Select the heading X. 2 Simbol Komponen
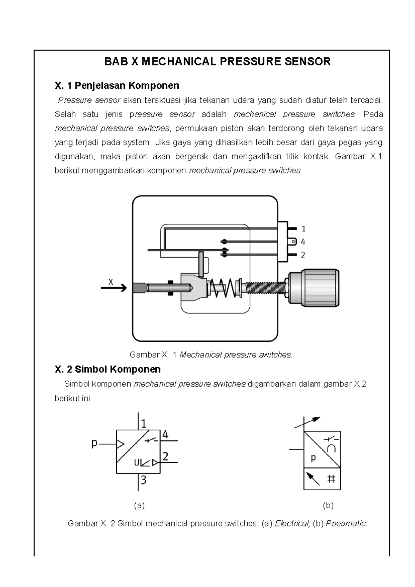click(108, 369)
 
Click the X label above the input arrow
click(111, 282)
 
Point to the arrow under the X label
click(114, 288)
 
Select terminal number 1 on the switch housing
click(303, 229)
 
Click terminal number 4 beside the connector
click(303, 242)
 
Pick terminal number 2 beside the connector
click(303, 255)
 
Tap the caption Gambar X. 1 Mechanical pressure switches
click(211, 355)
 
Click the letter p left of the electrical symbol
click(94, 443)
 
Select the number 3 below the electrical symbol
click(144, 480)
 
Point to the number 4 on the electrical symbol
click(165, 435)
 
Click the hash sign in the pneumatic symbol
click(331, 479)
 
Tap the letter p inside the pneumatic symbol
click(313, 458)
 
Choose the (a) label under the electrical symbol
click(139, 505)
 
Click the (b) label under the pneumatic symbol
click(328, 505)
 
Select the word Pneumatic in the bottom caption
click(346, 523)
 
